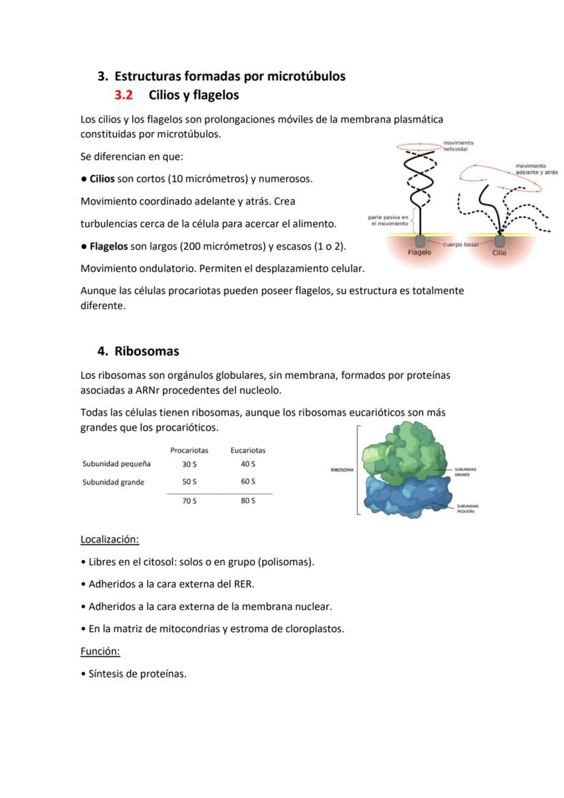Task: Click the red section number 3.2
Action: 123,95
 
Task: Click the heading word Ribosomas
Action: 146,352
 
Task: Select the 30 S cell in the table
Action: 189,464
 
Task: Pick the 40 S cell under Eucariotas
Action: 248,464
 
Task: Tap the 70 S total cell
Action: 189,501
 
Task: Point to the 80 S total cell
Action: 248,501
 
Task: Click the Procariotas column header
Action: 189,450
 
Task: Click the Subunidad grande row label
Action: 113,482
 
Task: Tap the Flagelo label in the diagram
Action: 419,253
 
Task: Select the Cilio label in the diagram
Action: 499,253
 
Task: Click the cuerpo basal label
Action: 461,243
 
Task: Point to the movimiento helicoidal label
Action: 458,146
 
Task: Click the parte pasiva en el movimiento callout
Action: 387,220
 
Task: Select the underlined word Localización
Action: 109,540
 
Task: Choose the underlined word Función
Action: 99,651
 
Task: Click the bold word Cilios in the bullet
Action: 102,179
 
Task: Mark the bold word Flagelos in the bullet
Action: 108,246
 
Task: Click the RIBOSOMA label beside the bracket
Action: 342,470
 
